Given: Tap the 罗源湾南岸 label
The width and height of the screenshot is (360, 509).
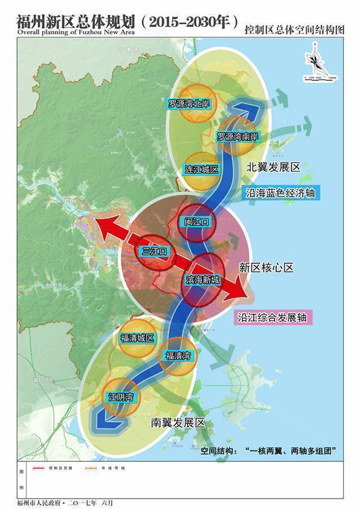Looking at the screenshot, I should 237,137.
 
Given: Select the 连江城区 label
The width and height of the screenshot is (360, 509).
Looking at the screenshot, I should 201,169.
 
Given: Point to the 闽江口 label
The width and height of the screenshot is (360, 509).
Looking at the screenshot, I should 197,222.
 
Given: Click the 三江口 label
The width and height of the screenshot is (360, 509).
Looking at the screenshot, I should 154,251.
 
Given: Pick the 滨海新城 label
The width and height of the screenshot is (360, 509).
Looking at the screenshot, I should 202,280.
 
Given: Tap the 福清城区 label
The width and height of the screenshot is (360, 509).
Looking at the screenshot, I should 137,338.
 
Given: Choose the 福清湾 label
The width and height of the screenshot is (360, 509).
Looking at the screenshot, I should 178,355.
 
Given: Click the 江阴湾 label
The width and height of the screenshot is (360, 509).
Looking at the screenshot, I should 120,397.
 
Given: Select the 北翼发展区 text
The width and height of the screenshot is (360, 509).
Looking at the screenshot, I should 274,168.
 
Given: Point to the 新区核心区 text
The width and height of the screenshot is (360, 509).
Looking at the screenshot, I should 266,268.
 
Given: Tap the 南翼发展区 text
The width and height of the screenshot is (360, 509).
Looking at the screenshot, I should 177,422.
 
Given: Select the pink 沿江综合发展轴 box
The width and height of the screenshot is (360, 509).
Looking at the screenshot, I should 273,317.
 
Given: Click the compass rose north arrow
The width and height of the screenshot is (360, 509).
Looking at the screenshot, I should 313,59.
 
